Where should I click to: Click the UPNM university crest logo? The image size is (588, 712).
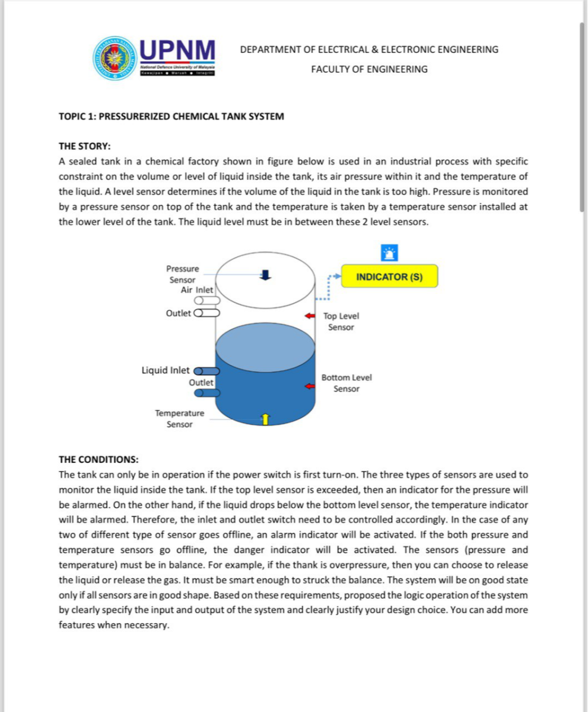pyautogui.click(x=114, y=58)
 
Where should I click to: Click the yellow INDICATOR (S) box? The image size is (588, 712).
pyautogui.click(x=389, y=276)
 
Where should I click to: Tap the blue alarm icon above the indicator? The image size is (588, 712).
pyautogui.click(x=389, y=253)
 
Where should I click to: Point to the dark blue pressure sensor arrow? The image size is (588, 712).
pyautogui.click(x=266, y=274)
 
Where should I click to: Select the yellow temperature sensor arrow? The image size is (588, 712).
pyautogui.click(x=265, y=419)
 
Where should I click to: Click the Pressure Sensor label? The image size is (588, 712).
pyautogui.click(x=182, y=274)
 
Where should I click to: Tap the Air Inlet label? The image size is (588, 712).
pyautogui.click(x=196, y=290)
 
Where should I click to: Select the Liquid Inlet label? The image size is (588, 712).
pyautogui.click(x=166, y=370)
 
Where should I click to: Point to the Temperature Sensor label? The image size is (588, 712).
pyautogui.click(x=179, y=418)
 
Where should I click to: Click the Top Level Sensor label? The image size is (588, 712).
pyautogui.click(x=341, y=322)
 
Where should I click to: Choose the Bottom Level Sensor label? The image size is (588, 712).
pyautogui.click(x=347, y=383)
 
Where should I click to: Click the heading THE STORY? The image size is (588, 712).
pyautogui.click(x=84, y=146)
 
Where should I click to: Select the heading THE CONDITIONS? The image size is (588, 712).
pyautogui.click(x=98, y=459)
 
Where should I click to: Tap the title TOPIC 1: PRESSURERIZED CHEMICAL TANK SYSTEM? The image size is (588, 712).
pyautogui.click(x=171, y=116)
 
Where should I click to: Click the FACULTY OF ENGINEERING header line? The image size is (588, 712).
pyautogui.click(x=369, y=69)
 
